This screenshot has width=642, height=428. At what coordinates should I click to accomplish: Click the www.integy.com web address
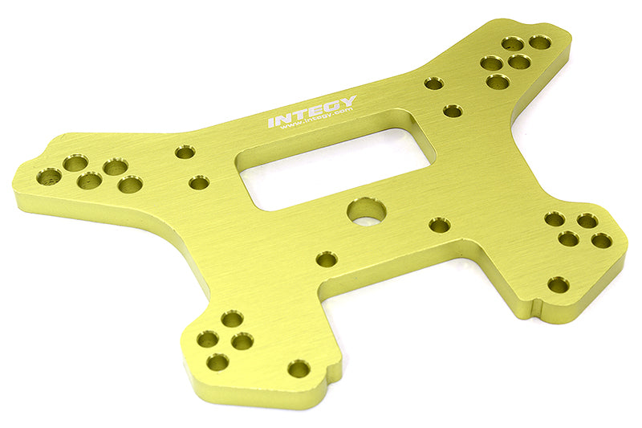tap(317, 120)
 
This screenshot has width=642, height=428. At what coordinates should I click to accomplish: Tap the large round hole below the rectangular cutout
tap(367, 211)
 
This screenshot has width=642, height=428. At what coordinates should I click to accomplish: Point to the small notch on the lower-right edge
tap(538, 308)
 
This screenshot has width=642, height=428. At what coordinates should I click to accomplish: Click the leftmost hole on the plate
tap(49, 177)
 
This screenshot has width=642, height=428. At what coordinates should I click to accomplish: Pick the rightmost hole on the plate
tap(601, 240)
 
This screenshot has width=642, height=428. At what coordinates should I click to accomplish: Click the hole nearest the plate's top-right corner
tap(540, 43)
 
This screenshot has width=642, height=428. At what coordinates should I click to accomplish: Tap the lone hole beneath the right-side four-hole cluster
tap(559, 284)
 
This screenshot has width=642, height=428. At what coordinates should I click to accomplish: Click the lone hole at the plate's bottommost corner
tap(299, 369)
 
